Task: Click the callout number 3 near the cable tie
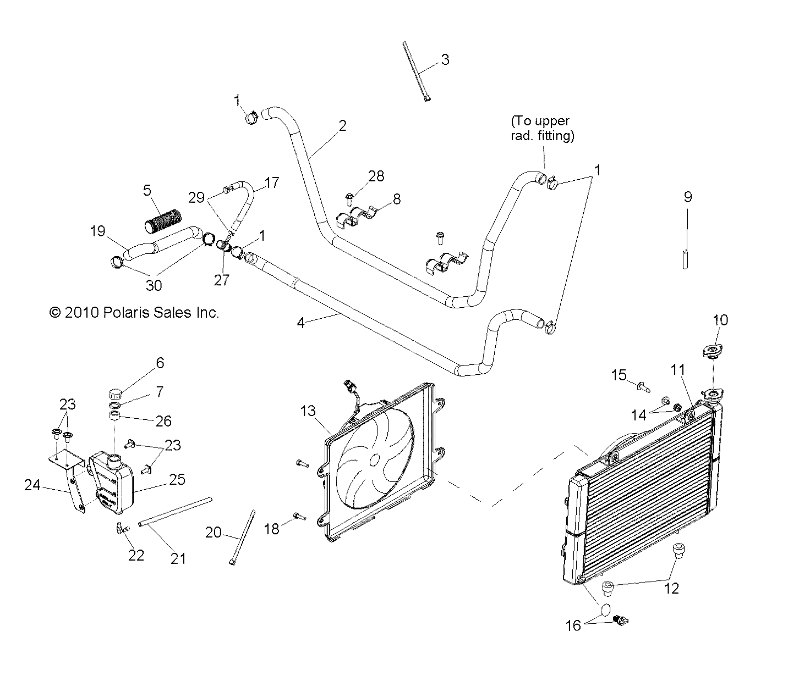(445, 59)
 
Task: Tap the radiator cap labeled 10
(713, 351)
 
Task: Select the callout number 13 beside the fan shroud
(309, 411)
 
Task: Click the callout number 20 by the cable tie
(214, 532)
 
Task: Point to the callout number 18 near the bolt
(272, 528)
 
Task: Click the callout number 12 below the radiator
(672, 588)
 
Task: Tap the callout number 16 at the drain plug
(573, 625)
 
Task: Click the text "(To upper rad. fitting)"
(542, 128)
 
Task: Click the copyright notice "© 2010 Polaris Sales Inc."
(134, 313)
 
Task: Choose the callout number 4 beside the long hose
(300, 323)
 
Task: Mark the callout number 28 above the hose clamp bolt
(376, 176)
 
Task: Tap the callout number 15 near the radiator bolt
(619, 375)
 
